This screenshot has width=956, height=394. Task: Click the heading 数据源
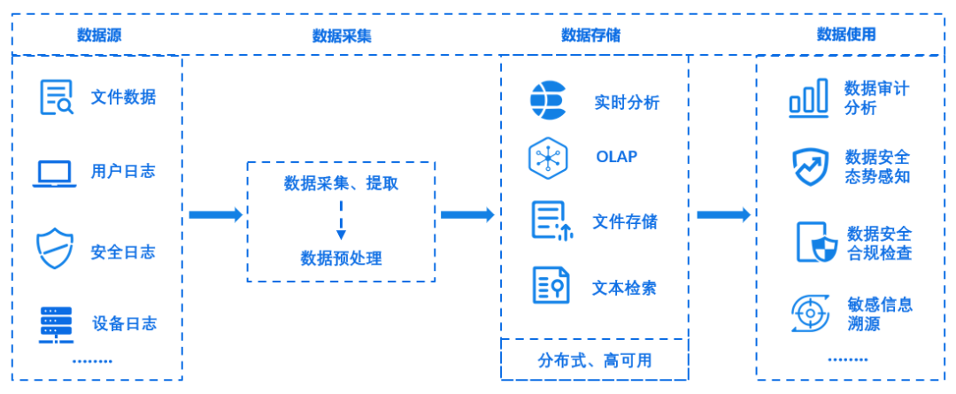98,35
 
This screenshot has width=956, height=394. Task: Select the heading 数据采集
342,35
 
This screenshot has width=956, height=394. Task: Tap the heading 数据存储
590,35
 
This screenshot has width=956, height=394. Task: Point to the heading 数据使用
846,35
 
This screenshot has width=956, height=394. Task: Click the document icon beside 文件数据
57,97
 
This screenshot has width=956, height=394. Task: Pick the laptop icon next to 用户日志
56,174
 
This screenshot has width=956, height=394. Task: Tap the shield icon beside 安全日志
55,249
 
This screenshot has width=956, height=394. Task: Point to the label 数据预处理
341,259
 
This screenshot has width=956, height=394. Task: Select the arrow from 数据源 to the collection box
215,214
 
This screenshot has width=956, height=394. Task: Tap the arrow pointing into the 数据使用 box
723,214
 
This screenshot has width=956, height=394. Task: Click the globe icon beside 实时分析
548,101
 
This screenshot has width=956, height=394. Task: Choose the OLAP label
616,158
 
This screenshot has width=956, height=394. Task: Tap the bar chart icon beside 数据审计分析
808,97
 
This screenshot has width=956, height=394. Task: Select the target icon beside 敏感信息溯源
808,313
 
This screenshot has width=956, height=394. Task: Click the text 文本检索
624,288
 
